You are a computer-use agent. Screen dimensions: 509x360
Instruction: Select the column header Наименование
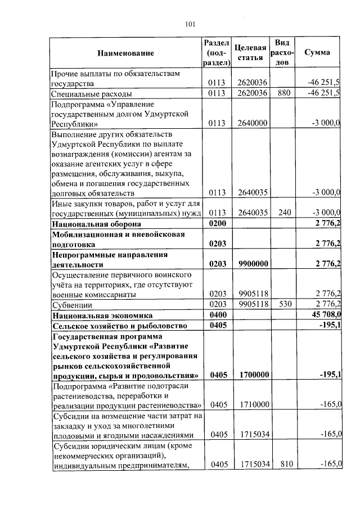click(125, 53)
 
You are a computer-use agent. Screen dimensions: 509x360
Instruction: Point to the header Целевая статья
click(250, 53)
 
